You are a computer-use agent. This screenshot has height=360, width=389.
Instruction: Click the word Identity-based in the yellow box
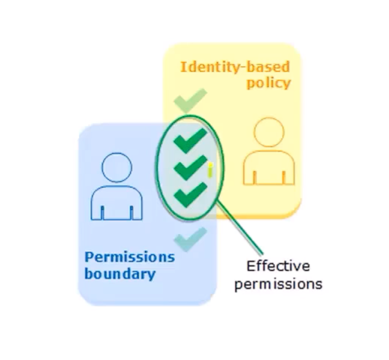pos(235,67)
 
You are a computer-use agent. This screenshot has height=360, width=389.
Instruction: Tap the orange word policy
pos(269,84)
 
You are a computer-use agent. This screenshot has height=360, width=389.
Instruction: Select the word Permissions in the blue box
pos(129,258)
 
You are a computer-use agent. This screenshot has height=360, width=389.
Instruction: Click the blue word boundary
pos(120,275)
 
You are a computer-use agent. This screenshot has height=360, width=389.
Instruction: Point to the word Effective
pos(278,266)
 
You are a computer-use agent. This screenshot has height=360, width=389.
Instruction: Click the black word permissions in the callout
pos(278,284)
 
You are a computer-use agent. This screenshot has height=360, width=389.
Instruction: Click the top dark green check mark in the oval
pos(189,140)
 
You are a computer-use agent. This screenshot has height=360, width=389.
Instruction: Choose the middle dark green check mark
pos(189,167)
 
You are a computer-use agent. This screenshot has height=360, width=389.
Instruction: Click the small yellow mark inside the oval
pos(210,170)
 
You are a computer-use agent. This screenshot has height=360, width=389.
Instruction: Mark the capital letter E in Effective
pos(251,266)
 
